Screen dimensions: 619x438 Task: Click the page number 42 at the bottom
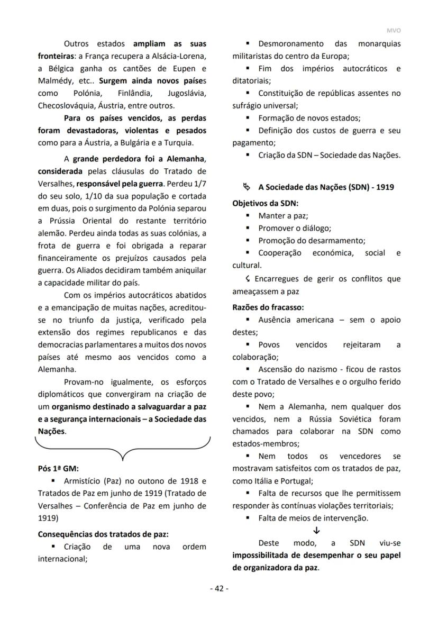(219, 588)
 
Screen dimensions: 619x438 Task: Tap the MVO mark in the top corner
(394, 31)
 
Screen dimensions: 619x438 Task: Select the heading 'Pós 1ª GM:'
(58, 468)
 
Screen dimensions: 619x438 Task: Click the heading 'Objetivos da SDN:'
(265, 203)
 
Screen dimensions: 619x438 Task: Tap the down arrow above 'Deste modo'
(316, 531)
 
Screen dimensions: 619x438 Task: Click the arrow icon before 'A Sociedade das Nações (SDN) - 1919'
(246, 187)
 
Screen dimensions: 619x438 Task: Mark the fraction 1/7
(198, 184)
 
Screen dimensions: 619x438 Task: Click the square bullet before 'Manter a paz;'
(248, 216)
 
